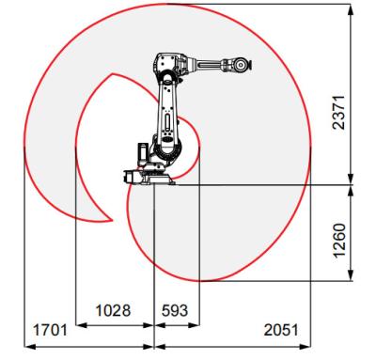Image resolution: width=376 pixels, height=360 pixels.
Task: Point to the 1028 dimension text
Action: (x=112, y=309)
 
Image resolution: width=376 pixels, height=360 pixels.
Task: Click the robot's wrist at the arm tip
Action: (x=243, y=65)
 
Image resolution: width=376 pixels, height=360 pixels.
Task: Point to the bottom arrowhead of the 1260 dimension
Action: (x=349, y=278)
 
